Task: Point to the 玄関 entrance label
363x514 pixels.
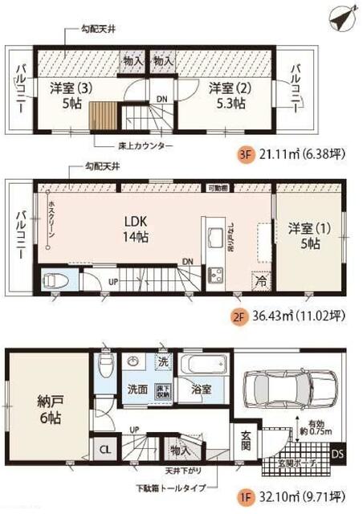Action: [x=247, y=441]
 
